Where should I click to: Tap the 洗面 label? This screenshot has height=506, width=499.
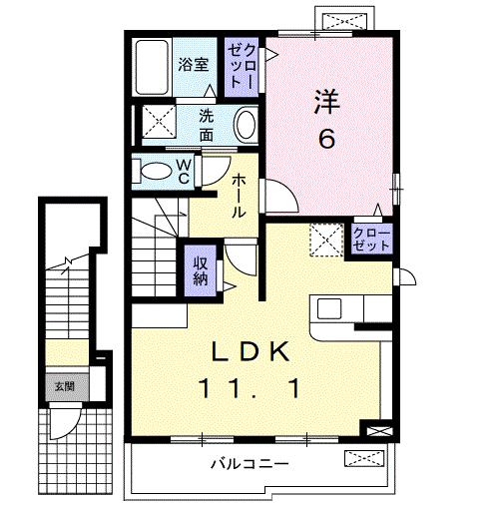click(206, 123)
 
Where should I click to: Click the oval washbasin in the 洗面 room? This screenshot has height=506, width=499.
click(246, 125)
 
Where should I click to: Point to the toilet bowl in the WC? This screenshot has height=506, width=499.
click(156, 171)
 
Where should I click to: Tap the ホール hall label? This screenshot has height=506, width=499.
click(241, 196)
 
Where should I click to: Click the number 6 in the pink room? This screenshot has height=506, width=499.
click(326, 139)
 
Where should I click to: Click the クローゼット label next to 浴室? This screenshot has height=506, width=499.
click(242, 66)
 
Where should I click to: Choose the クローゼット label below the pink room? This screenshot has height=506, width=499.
click(372, 240)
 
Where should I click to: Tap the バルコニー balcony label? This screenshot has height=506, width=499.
click(249, 463)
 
